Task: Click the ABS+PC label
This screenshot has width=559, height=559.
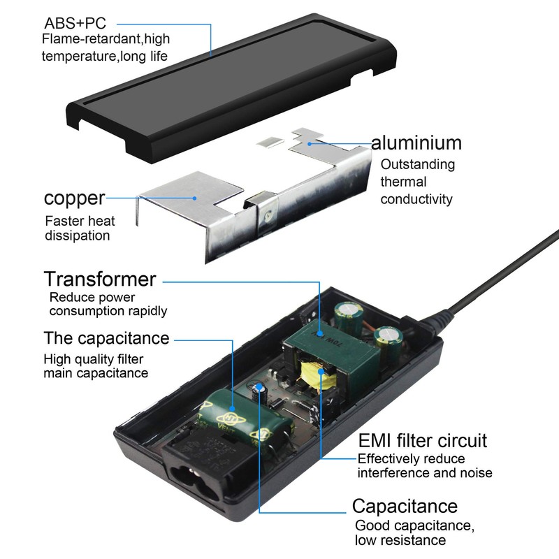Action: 75,24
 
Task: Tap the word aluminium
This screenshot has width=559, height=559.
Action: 416,143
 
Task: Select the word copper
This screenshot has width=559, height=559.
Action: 74,198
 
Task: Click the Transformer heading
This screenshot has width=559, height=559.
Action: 100,279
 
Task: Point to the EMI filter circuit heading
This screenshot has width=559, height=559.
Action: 423,441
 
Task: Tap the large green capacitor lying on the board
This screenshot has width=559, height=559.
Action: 246,421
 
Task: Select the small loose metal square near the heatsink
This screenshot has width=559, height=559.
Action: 270,142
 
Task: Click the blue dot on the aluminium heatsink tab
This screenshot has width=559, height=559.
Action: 310,144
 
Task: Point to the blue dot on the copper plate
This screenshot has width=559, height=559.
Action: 195,198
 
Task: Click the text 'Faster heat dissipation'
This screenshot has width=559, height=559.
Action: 80,228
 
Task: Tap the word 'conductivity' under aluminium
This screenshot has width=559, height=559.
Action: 416,199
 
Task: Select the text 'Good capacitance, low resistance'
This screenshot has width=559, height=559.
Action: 414,532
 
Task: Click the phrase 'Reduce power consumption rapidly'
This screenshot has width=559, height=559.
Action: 108,304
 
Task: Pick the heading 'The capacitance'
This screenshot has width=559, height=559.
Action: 106,338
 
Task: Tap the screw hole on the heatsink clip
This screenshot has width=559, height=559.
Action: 267,215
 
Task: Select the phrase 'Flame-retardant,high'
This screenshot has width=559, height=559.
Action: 106,39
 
